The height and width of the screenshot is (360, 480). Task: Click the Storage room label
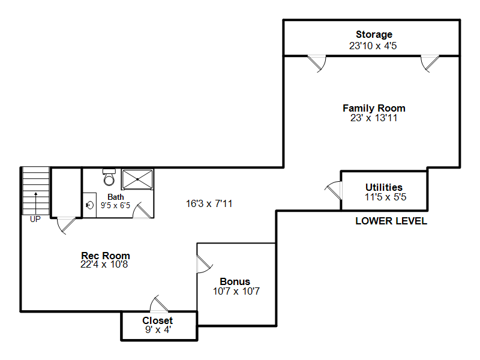coord(374,35)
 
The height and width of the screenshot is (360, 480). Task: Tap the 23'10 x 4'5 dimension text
coord(373,46)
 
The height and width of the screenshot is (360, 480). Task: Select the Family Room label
coord(374,108)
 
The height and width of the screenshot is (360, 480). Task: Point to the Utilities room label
coord(384,187)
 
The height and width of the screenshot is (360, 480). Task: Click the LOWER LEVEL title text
coord(391,221)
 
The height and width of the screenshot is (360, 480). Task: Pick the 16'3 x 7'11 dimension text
coord(209,203)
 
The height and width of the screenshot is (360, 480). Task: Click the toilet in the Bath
coord(109,177)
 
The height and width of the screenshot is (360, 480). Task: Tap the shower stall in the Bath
coord(137,179)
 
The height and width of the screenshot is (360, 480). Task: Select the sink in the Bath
coord(89,205)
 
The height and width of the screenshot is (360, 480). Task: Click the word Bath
coord(116,197)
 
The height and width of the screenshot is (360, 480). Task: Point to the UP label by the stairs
coord(35,219)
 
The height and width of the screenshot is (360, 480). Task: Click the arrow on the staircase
coord(36,203)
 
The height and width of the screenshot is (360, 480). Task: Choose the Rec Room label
coord(106,256)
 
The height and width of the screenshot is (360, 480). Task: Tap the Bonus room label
coord(235,281)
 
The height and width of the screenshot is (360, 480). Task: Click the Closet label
coord(157,320)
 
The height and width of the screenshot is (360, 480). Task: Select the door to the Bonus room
coord(204,264)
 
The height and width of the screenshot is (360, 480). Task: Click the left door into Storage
coord(317,64)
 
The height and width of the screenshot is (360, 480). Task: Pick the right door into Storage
coord(430,64)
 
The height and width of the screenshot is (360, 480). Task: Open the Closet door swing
coord(158,304)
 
